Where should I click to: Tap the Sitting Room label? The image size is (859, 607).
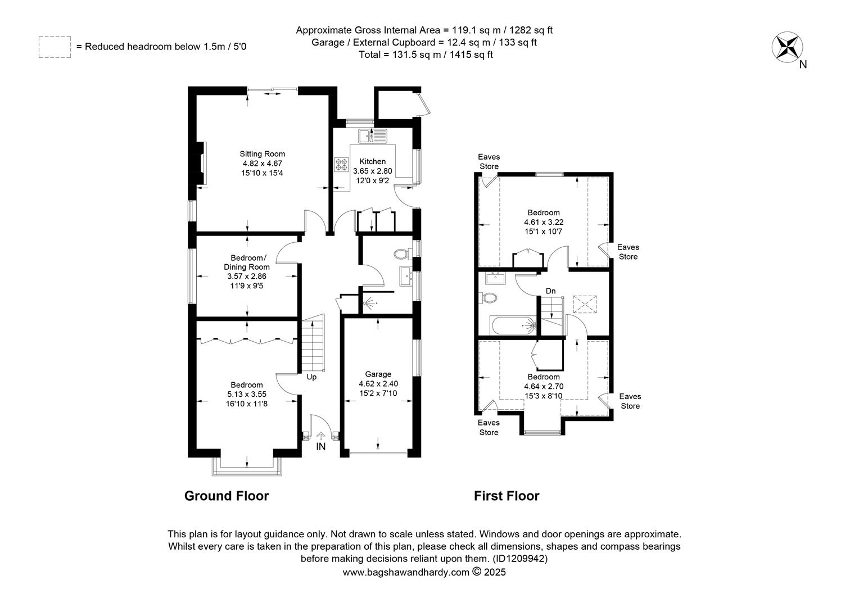pyautogui.click(x=263, y=154)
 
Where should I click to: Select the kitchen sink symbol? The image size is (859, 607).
pyautogui.click(x=373, y=135)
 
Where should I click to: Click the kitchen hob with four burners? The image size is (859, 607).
pyautogui.click(x=342, y=165)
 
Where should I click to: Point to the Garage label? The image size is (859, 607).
pyautogui.click(x=378, y=374)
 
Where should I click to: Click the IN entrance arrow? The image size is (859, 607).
pyautogui.click(x=321, y=437)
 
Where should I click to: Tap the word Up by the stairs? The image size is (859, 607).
pyautogui.click(x=311, y=377)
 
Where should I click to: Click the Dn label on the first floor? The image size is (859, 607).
pyautogui.click(x=551, y=291)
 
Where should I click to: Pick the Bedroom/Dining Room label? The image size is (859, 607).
pyautogui.click(x=247, y=262)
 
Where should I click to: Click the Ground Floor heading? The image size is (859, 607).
pyautogui.click(x=227, y=496)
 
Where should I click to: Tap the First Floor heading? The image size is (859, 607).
pyautogui.click(x=507, y=496)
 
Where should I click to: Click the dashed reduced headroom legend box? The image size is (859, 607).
pyautogui.click(x=55, y=47)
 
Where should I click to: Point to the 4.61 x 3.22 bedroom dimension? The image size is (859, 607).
pyautogui.click(x=544, y=222)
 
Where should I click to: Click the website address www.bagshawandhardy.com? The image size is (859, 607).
pyautogui.click(x=406, y=572)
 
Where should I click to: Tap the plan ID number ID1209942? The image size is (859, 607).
pyautogui.click(x=520, y=559)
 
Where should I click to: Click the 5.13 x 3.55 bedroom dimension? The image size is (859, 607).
pyautogui.click(x=247, y=394)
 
